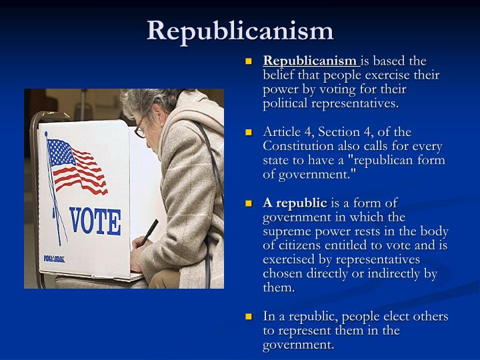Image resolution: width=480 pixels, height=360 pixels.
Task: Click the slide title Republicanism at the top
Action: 240,30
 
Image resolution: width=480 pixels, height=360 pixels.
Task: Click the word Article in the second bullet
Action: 281,132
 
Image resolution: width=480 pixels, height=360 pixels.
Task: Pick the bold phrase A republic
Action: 295,203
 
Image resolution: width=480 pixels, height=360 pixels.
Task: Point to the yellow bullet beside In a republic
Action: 250,317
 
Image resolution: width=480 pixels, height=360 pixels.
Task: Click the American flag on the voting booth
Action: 77,166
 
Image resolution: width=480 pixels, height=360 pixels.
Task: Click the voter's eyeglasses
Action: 141,129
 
